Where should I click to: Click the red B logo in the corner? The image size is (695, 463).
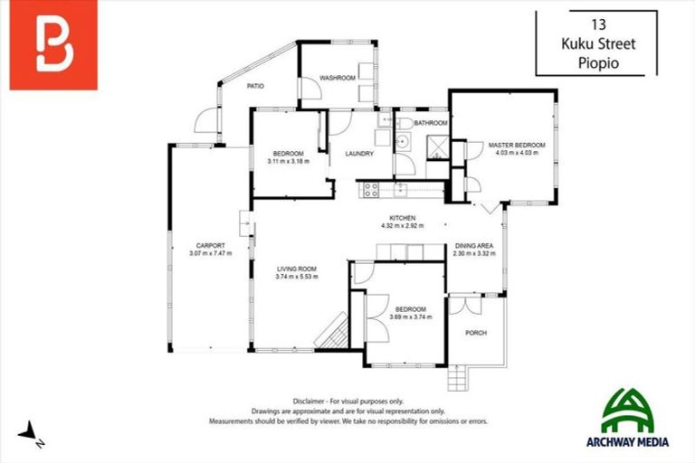pos(53,45)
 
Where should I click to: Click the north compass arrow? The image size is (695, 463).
pos(33,434)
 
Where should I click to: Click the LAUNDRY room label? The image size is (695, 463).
pos(359,154)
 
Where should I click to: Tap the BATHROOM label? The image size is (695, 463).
pos(431,123)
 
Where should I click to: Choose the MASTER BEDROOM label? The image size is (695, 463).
pos(517,145)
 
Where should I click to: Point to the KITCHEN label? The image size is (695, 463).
pos(402,219)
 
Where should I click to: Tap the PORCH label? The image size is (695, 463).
pos(475,333)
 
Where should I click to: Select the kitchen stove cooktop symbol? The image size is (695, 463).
pos(369,189)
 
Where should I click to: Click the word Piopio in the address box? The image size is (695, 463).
pos(597,63)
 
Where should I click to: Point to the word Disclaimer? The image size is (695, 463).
pos(310,401)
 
